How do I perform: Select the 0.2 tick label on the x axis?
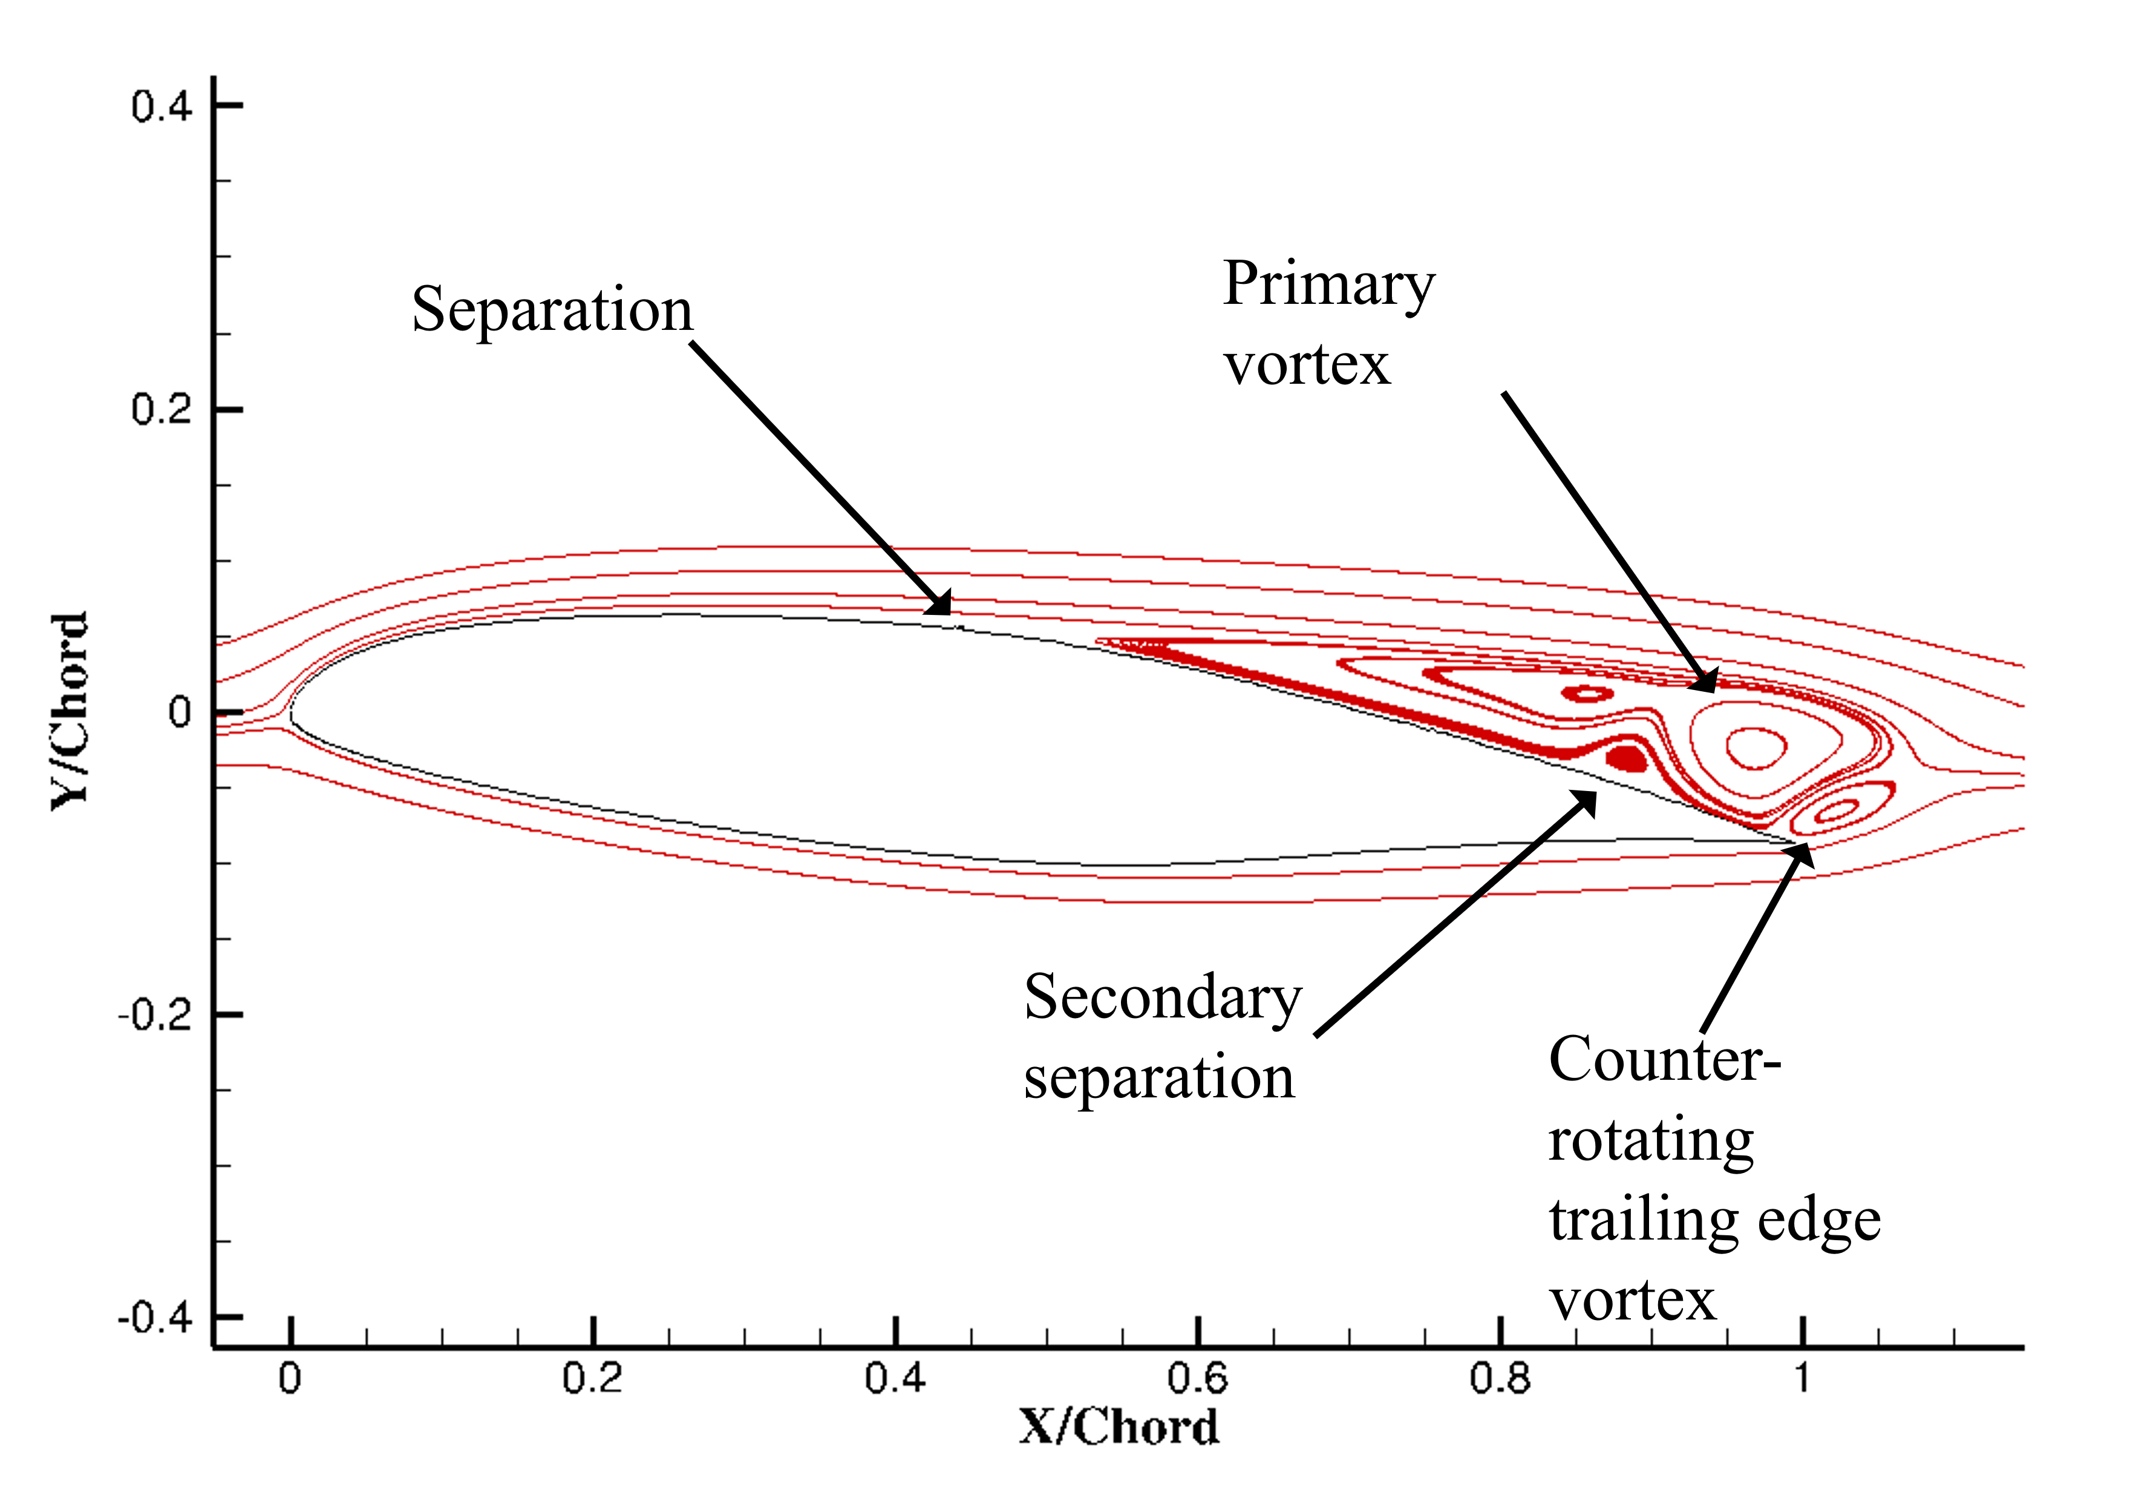point(592,1378)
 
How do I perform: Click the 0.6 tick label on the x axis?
point(1198,1378)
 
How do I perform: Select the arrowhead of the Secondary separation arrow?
point(1585,802)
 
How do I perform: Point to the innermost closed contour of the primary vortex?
point(1755,747)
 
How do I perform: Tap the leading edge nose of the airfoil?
point(292,714)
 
